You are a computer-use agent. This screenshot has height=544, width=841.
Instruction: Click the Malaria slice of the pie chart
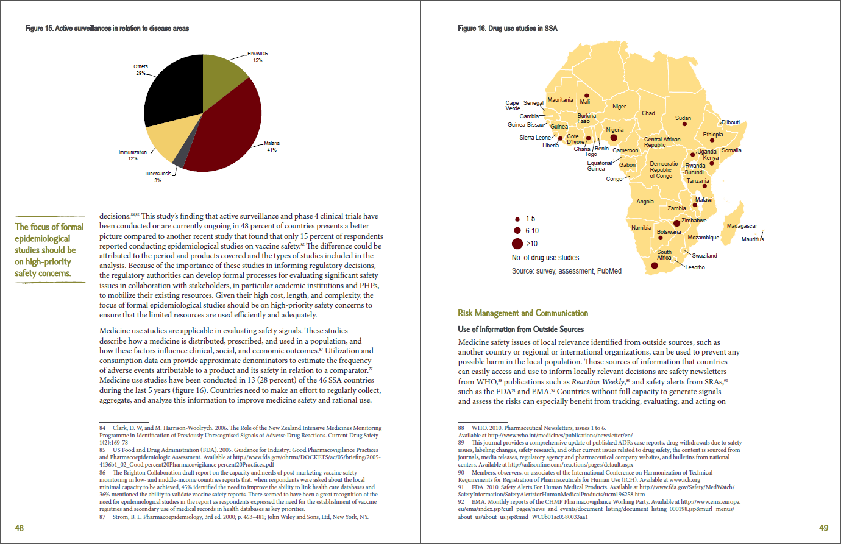[x=229, y=131]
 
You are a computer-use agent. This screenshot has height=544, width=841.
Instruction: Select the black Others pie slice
[x=171, y=91]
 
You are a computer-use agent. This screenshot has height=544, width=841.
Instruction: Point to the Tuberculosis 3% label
[x=158, y=177]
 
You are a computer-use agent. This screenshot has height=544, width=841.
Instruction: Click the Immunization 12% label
[x=133, y=155]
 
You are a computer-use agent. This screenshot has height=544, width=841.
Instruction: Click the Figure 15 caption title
[x=107, y=29]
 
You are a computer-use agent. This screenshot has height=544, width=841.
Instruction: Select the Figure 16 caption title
[x=507, y=29]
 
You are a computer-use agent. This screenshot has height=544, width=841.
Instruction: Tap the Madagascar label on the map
[x=742, y=226]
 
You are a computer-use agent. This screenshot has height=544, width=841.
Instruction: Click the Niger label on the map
[x=619, y=107]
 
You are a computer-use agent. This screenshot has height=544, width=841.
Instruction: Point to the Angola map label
[x=645, y=202]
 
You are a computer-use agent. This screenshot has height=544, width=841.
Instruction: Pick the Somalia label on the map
[x=731, y=150]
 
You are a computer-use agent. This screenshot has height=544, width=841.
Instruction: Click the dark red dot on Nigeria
[x=614, y=138]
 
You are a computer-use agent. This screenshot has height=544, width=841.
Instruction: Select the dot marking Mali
[x=586, y=96]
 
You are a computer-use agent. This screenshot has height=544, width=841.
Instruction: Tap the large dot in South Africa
[x=655, y=266]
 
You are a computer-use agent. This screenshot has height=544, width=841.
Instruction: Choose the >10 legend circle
[x=517, y=244]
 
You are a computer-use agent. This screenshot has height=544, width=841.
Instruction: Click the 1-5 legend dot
[x=517, y=219]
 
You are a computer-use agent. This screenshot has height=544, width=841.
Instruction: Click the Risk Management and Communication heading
[x=523, y=313]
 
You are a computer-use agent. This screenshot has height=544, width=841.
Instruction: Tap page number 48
[x=20, y=528]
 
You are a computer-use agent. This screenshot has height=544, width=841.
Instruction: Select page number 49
[x=823, y=528]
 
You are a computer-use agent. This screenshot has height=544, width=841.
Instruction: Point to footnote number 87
[x=102, y=517]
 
